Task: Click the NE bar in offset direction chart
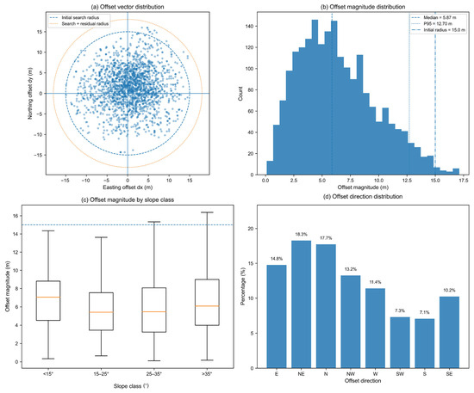pos(301,304)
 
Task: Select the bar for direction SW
pos(400,342)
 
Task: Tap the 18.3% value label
pos(301,235)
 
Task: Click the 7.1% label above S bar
pos(424,312)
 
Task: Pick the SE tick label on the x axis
pos(449,374)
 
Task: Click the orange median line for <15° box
pos(48,297)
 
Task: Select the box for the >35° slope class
pos(207,302)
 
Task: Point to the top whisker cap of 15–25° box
pos(101,237)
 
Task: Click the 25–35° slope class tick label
pos(154,374)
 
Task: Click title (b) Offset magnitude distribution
pos(363,7)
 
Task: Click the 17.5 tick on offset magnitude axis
pos(464,181)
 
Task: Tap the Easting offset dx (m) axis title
pos(128,187)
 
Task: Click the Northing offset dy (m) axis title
pos(30,93)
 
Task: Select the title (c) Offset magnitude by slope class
pos(128,200)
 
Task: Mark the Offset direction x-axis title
pos(363,381)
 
